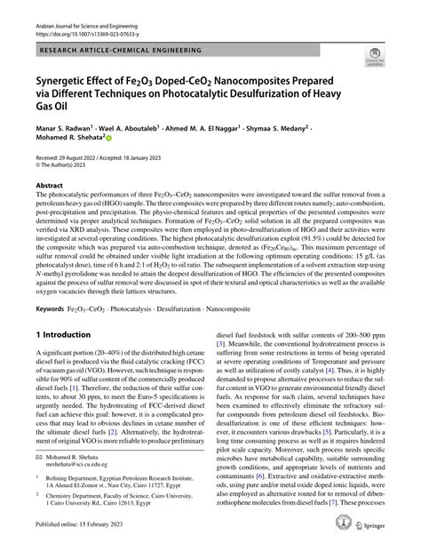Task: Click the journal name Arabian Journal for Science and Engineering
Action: (88, 8)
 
